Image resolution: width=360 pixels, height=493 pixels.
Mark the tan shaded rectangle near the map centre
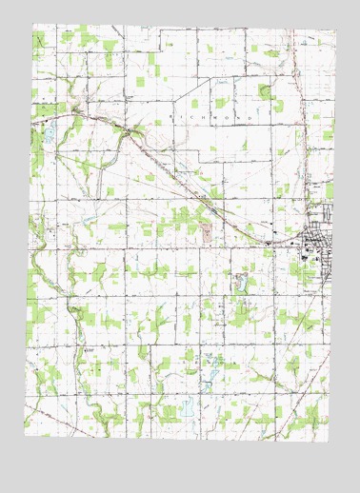[x=207, y=232]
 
